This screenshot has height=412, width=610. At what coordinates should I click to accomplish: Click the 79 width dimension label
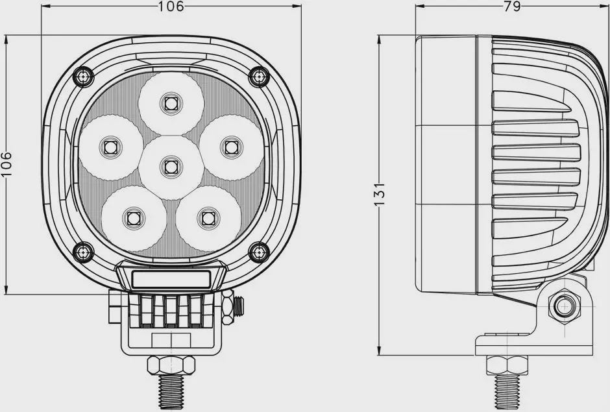click(x=512, y=6)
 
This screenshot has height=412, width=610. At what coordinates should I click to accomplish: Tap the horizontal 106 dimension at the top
click(x=171, y=6)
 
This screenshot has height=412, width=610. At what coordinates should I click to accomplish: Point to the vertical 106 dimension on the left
click(x=6, y=164)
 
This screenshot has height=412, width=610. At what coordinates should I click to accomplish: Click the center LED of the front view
click(x=171, y=167)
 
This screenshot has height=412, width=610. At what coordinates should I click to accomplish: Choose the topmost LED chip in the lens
click(x=171, y=103)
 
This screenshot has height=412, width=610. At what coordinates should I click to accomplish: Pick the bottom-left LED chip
click(x=134, y=218)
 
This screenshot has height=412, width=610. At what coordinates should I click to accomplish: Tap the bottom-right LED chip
click(x=208, y=218)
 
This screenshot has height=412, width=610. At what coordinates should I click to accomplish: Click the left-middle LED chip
click(x=110, y=147)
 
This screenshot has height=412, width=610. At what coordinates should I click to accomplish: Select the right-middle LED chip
click(x=231, y=147)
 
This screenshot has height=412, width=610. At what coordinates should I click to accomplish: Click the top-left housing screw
click(x=83, y=77)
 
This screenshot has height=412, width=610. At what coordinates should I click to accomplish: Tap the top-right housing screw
click(x=259, y=77)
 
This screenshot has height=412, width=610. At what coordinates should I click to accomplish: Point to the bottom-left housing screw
click(x=83, y=252)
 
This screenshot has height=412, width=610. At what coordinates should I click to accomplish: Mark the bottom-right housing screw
click(x=259, y=252)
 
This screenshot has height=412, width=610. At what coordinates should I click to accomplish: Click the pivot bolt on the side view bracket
click(x=564, y=306)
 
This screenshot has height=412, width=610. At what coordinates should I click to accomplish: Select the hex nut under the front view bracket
click(x=171, y=365)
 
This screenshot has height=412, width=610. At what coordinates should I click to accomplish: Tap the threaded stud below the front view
click(x=171, y=392)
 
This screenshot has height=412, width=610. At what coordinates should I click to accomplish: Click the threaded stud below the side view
click(x=507, y=393)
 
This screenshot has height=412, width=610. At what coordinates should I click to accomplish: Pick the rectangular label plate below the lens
click(x=171, y=280)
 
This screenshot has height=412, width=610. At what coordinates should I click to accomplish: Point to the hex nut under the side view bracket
click(x=507, y=365)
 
